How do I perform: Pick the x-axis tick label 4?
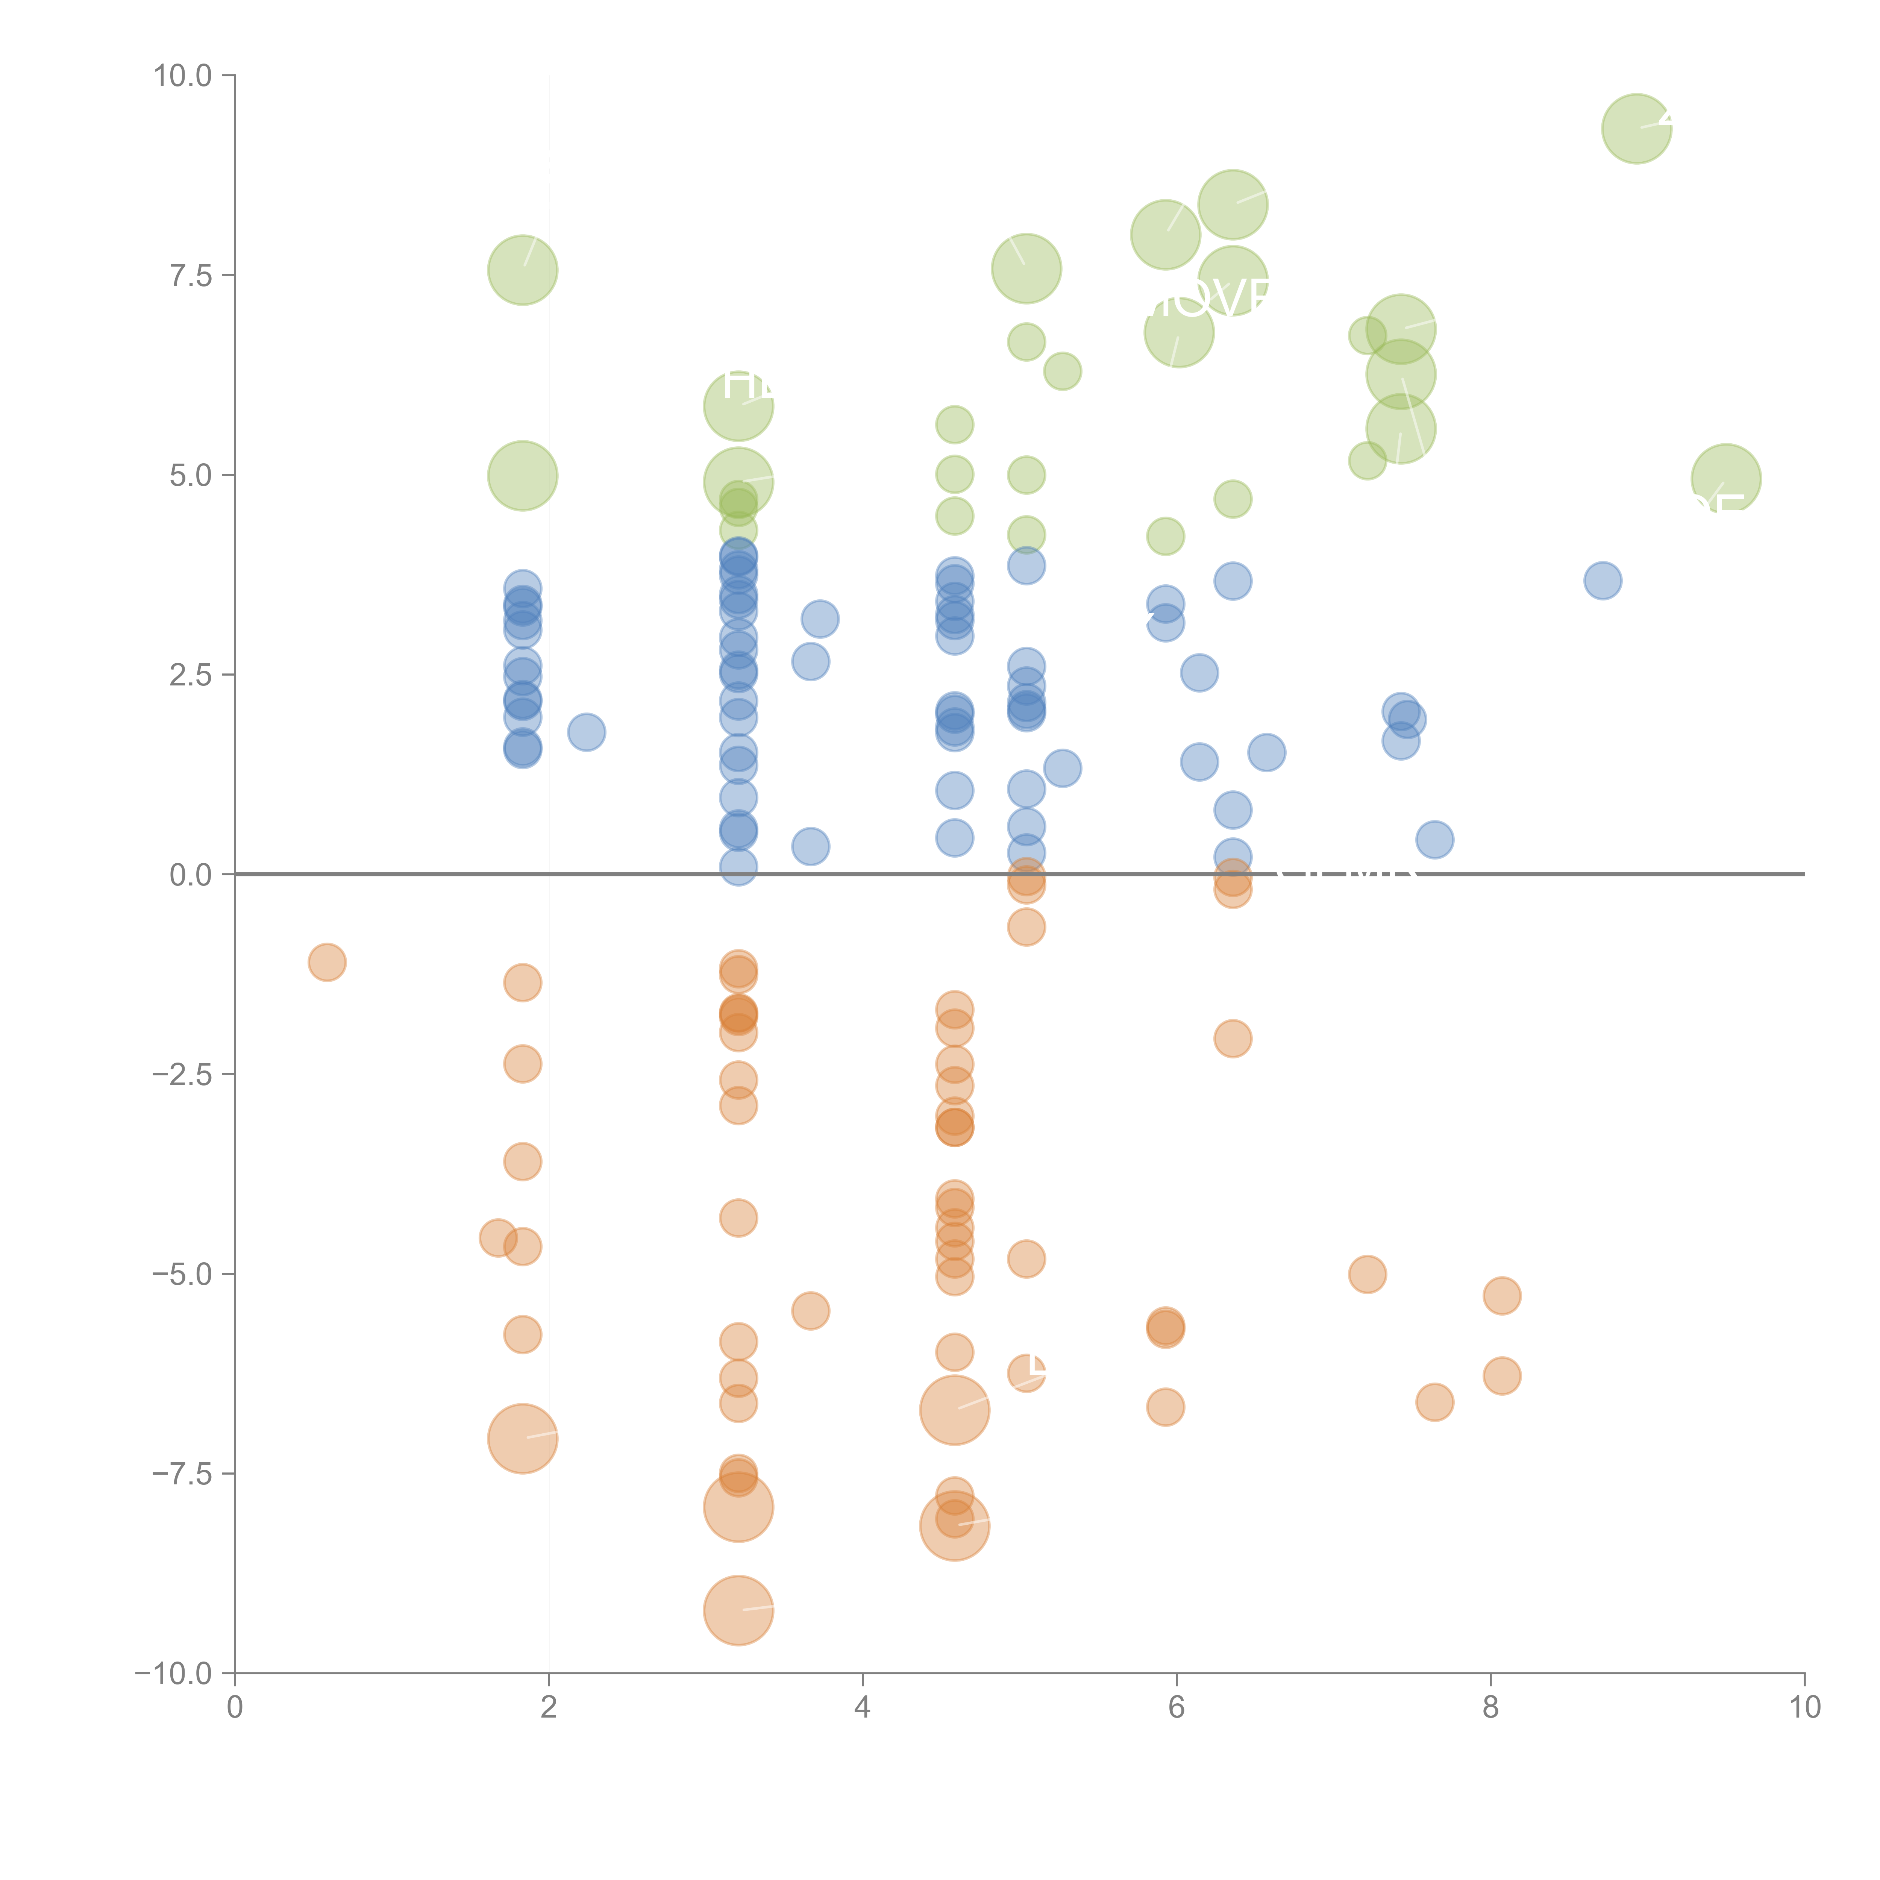[x=862, y=1708]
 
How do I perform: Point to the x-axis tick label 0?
[x=235, y=1708]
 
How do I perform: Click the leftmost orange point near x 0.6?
[x=327, y=963]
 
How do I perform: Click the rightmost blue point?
[x=1603, y=581]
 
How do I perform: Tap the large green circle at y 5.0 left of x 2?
[x=523, y=476]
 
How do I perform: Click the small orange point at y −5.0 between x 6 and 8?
[x=1367, y=1274]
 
